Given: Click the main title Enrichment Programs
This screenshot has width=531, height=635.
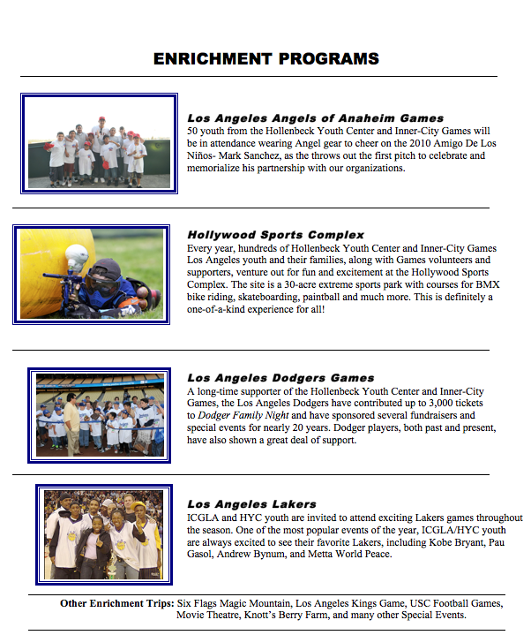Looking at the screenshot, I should point(265,59).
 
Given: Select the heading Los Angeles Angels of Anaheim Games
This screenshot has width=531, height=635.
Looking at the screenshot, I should point(315,117).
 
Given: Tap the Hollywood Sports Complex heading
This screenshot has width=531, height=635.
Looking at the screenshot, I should point(275,235).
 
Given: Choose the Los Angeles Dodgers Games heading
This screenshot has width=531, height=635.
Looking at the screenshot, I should point(280,378).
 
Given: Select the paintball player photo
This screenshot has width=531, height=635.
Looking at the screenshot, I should point(91,274).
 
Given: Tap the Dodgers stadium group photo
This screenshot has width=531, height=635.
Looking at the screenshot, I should point(100,415).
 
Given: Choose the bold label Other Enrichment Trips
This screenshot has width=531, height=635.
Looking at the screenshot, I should point(117,603).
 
